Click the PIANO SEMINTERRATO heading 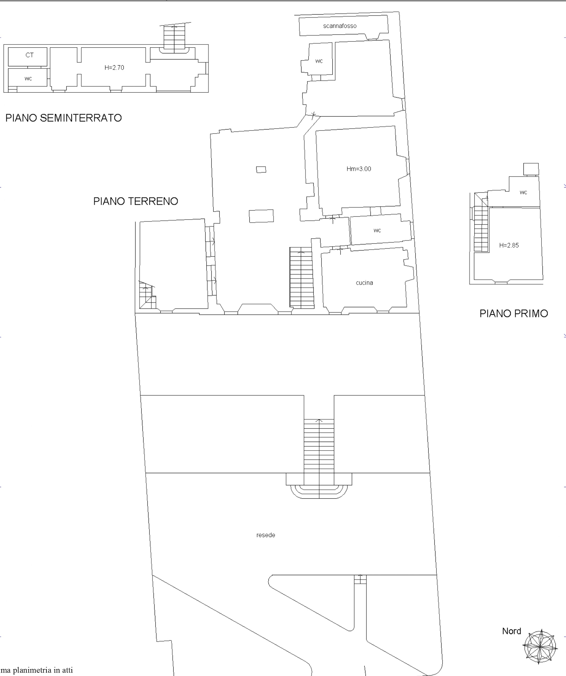pyautogui.click(x=63, y=118)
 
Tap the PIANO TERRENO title pyautogui.click(x=136, y=201)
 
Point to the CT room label pyautogui.click(x=29, y=55)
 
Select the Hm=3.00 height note pyautogui.click(x=359, y=169)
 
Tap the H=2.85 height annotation pyautogui.click(x=509, y=245)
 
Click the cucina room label pyautogui.click(x=364, y=283)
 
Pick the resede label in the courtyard pyautogui.click(x=266, y=535)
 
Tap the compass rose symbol pyautogui.click(x=540, y=647)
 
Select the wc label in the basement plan pyautogui.click(x=28, y=78)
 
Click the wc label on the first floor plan pyautogui.click(x=523, y=193)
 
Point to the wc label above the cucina pyautogui.click(x=377, y=230)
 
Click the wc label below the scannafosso pyautogui.click(x=319, y=61)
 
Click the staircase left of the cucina pyautogui.click(x=302, y=278)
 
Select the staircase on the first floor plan pyautogui.click(x=481, y=222)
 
